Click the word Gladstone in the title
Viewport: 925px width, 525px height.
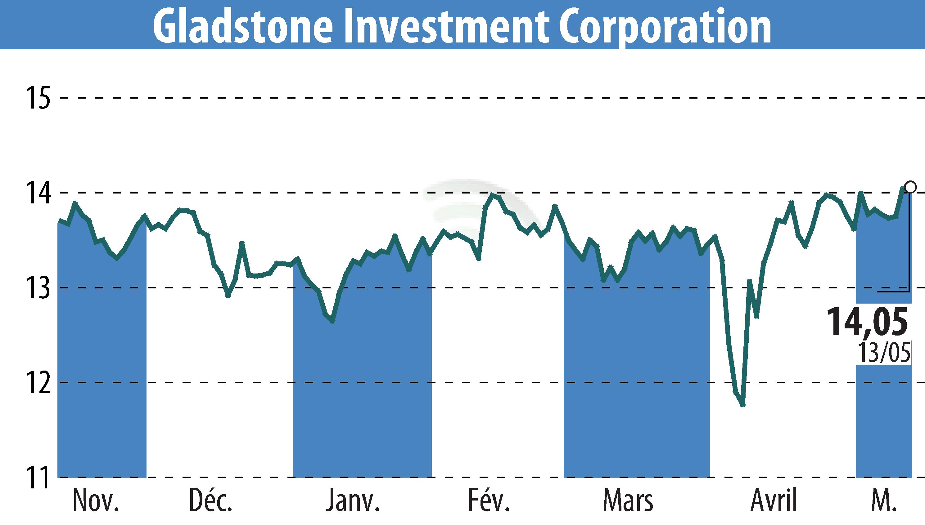[242, 26]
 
